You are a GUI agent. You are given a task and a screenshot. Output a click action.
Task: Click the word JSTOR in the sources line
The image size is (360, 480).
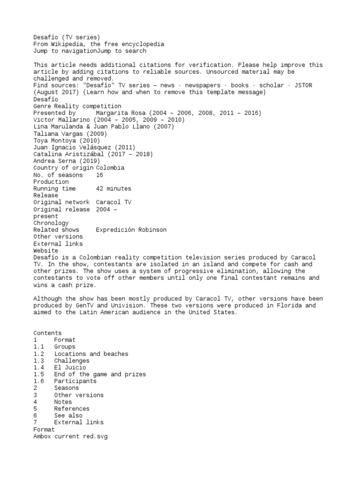pyautogui.click(x=302, y=85)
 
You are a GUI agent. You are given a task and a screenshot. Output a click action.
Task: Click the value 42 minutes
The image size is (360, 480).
pyautogui.click(x=113, y=188)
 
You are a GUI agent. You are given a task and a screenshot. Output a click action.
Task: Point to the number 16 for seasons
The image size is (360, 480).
pyautogui.click(x=99, y=175)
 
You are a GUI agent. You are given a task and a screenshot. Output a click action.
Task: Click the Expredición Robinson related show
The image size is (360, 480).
pyautogui.click(x=131, y=230)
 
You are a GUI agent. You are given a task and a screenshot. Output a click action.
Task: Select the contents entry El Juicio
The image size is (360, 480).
pyautogui.click(x=70, y=367)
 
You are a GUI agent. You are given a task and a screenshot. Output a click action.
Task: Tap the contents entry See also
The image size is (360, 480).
pyautogui.click(x=68, y=415)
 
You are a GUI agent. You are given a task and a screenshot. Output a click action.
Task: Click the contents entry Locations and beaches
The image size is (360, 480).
pyautogui.click(x=91, y=354)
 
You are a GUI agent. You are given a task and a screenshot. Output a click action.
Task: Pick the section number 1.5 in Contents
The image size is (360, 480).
pyautogui.click(x=38, y=374)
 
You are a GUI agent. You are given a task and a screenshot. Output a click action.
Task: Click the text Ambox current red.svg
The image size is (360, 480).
pyautogui.click(x=70, y=436)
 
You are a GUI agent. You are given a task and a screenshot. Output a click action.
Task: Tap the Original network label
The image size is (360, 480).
pyautogui.click(x=61, y=202)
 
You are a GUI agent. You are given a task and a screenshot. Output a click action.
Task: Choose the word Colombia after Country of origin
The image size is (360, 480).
pyautogui.click(x=110, y=168)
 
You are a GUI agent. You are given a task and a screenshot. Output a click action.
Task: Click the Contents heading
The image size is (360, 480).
pyautogui.click(x=47, y=333)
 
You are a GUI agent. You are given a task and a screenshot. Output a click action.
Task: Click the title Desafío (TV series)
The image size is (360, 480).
pyautogui.click(x=67, y=37)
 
